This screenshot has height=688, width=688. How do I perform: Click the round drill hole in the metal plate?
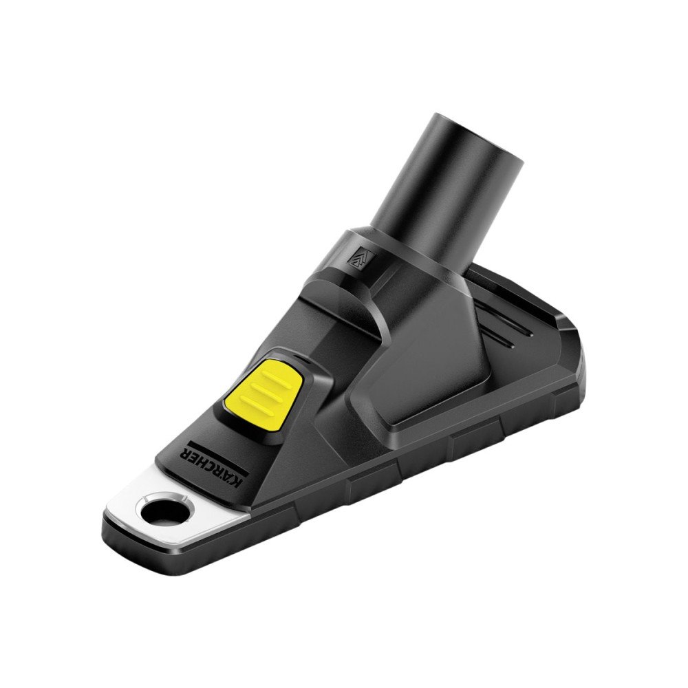click(163, 510)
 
